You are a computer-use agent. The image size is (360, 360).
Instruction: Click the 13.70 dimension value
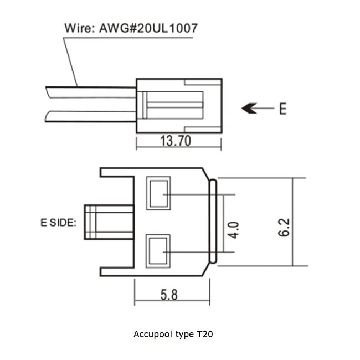[175, 141]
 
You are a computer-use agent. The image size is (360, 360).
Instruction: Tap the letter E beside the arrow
[282, 109]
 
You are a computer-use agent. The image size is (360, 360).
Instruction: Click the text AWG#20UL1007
[146, 28]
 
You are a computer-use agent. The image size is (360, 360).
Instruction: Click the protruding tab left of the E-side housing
[109, 222]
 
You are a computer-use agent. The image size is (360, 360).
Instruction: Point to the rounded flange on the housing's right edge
[213, 222]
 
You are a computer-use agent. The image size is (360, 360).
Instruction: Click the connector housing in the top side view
[179, 105]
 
